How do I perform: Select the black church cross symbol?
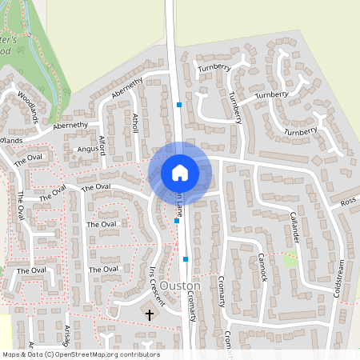pos(149,315)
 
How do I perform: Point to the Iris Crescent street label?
pos(157,286)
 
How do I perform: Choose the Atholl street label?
pos(135,124)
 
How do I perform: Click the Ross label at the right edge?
pos(347,202)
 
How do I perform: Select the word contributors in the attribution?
pos(139,354)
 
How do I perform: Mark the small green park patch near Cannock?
pos(290,259)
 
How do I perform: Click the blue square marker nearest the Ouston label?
pos(186,259)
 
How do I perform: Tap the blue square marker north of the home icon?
pos(179,105)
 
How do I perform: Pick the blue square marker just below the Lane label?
pos(177,221)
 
